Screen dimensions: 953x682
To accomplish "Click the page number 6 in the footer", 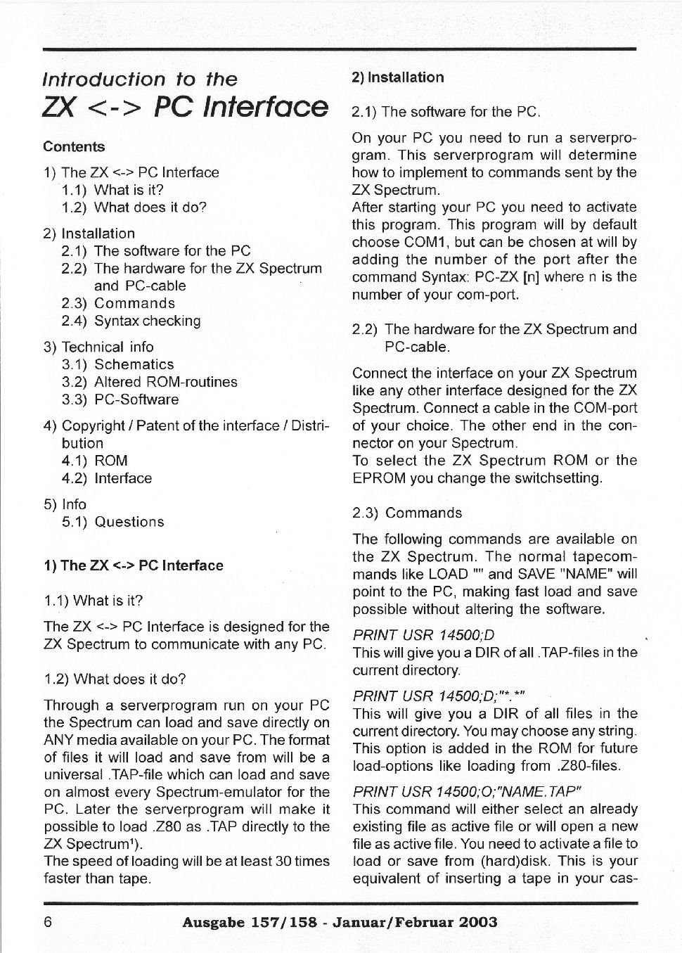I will click(48, 922).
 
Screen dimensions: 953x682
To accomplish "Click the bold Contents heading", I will click(74, 147).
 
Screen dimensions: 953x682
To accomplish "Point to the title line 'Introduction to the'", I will click(140, 79).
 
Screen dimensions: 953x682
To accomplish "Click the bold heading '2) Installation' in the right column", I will click(398, 77).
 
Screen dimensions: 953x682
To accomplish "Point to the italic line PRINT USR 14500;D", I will click(423, 635).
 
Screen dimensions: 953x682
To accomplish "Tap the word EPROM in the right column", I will click(376, 478).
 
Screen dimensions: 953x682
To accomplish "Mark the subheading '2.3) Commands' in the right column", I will click(407, 513).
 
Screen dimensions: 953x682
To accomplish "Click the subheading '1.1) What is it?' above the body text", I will click(94, 601).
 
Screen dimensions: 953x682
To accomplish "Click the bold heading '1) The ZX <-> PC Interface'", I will click(134, 565).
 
